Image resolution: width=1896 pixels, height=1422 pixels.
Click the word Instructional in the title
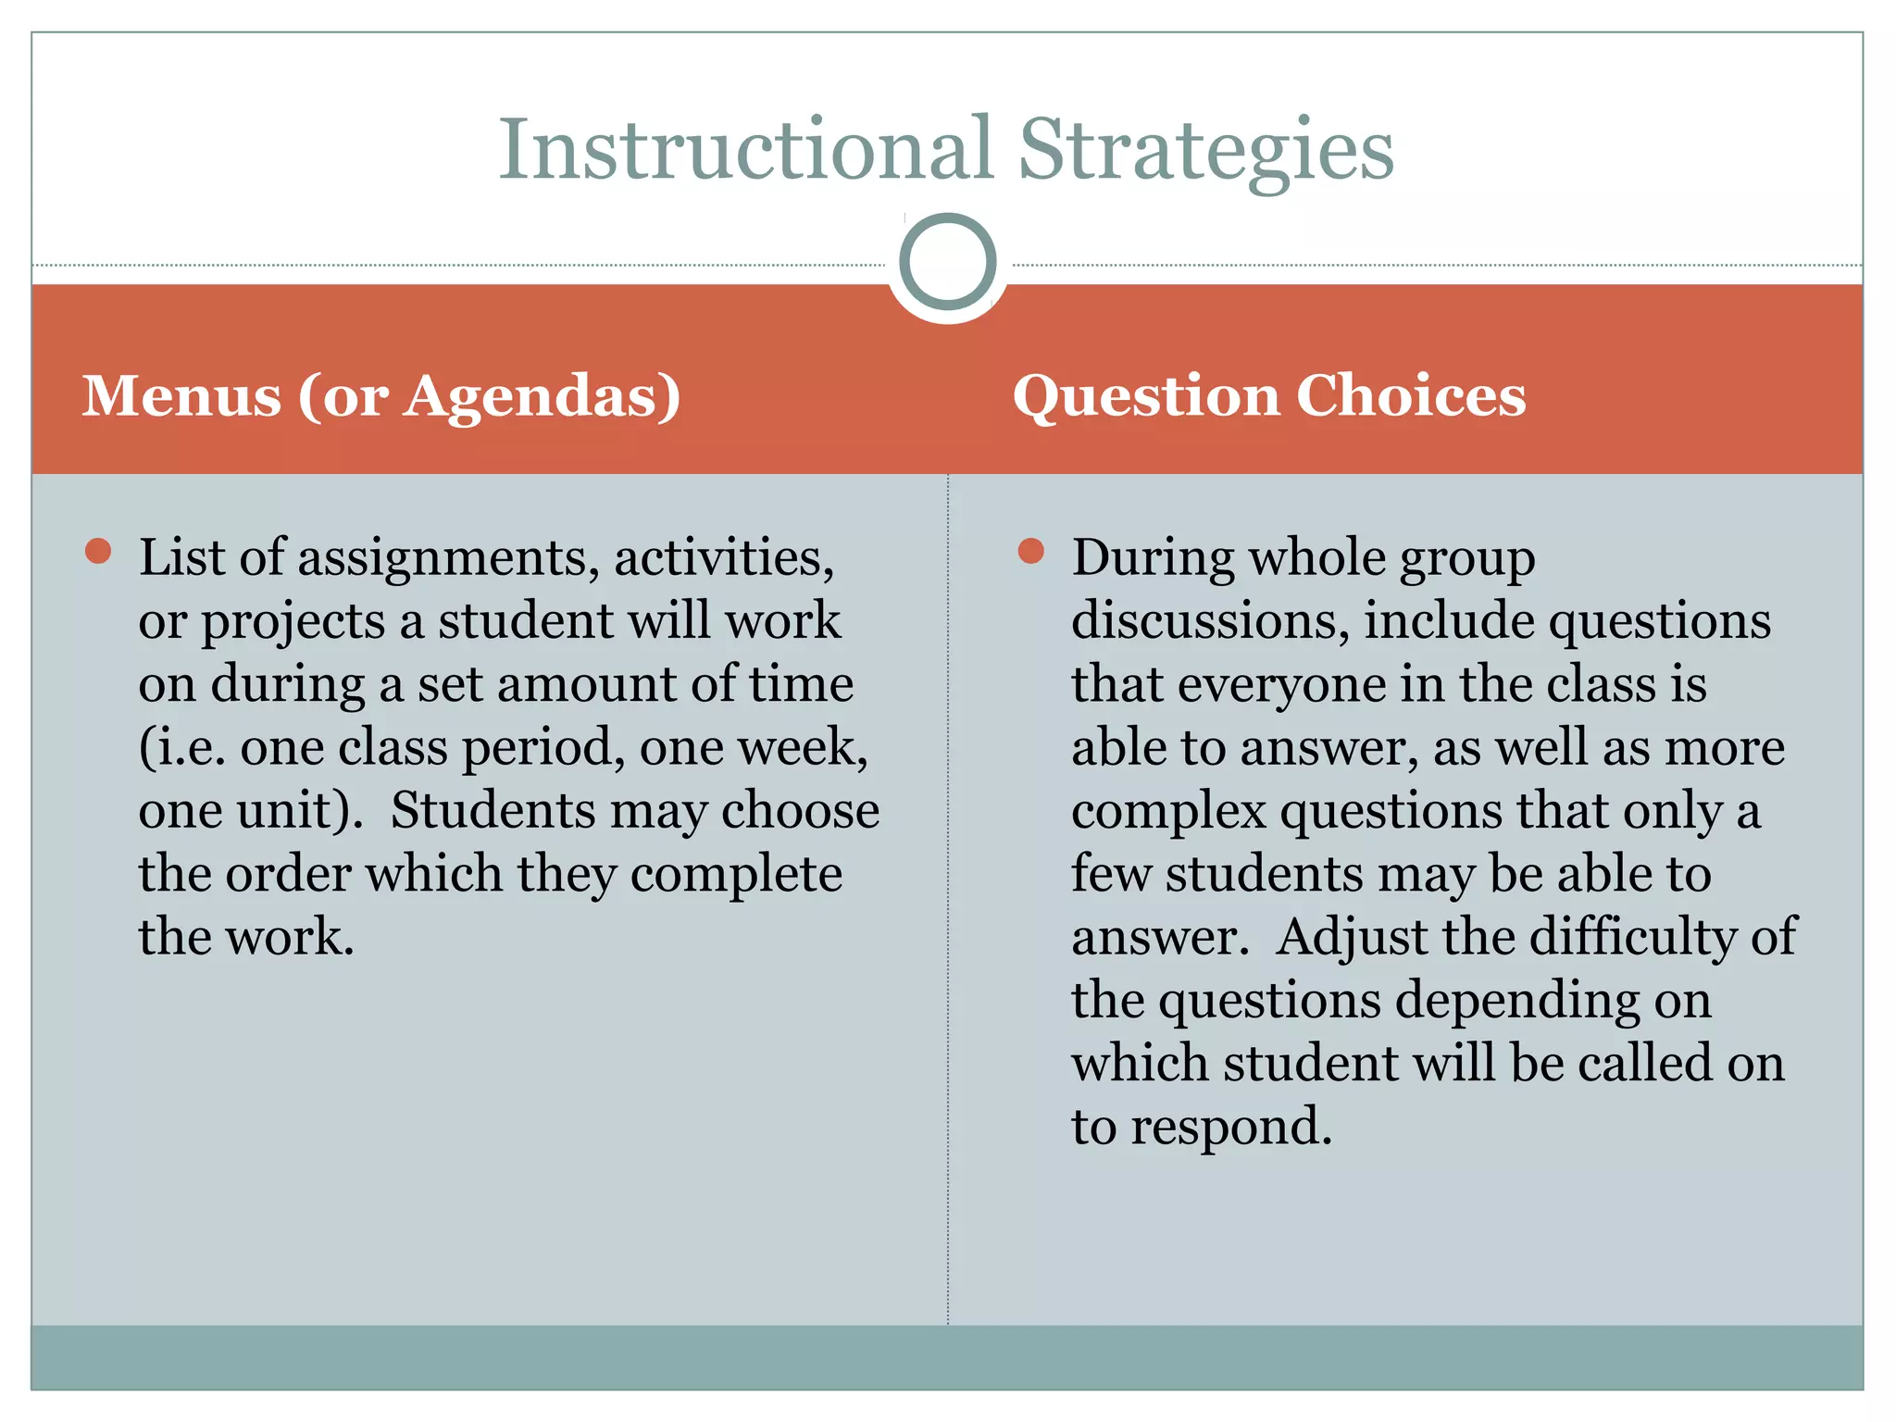tap(745, 150)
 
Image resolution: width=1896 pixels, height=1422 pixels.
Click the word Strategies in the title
tap(1205, 150)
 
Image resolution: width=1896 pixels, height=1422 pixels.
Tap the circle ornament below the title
tap(947, 262)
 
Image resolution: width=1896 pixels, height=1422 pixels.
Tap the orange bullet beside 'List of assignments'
tap(98, 552)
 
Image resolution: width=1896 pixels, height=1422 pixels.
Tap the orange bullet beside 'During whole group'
tap(1030, 552)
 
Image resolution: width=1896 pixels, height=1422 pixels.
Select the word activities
tap(723, 559)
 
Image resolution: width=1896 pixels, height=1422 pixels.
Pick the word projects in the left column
tap(293, 622)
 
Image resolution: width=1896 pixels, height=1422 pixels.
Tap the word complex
tap(1168, 812)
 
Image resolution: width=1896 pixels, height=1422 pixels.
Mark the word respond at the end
tap(1230, 1128)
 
